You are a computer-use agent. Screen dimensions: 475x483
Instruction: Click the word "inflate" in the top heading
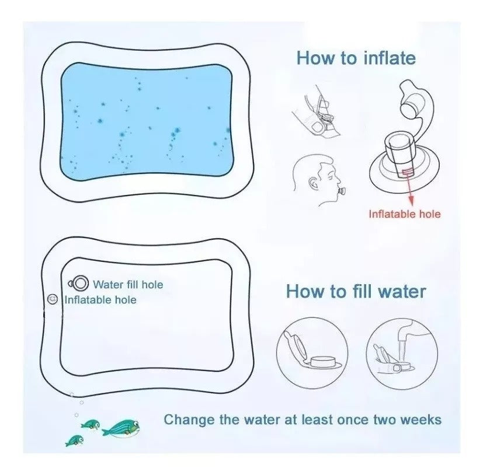tap(388, 58)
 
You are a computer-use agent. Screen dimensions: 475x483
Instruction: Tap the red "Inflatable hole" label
tap(404, 214)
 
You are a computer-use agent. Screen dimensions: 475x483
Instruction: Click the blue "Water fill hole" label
tap(128, 285)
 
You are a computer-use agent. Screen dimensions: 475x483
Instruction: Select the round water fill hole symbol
tap(79, 284)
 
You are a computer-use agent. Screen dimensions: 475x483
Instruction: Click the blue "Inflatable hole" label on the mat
tap(100, 300)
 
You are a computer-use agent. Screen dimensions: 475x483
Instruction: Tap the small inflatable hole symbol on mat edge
tap(52, 299)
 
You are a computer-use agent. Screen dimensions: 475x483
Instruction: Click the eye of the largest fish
tap(133, 425)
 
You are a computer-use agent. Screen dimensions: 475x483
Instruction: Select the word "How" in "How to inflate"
tap(316, 58)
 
